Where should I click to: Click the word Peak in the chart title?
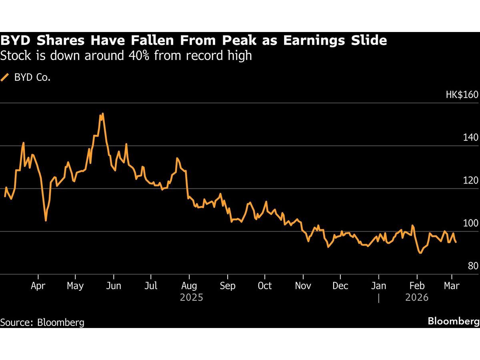click(238, 41)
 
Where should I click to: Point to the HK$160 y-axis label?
click(462, 95)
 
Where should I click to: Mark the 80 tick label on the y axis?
click(472, 266)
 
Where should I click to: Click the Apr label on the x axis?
click(38, 286)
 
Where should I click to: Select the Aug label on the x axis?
click(189, 286)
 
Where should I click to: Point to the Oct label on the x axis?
click(264, 286)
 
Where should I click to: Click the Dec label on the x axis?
click(340, 286)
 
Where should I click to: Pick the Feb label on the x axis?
click(417, 286)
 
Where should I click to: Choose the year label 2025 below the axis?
click(192, 298)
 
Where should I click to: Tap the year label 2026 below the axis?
click(417, 298)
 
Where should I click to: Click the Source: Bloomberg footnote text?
click(42, 322)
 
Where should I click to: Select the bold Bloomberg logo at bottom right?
click(453, 321)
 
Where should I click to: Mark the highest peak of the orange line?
click(103, 114)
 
